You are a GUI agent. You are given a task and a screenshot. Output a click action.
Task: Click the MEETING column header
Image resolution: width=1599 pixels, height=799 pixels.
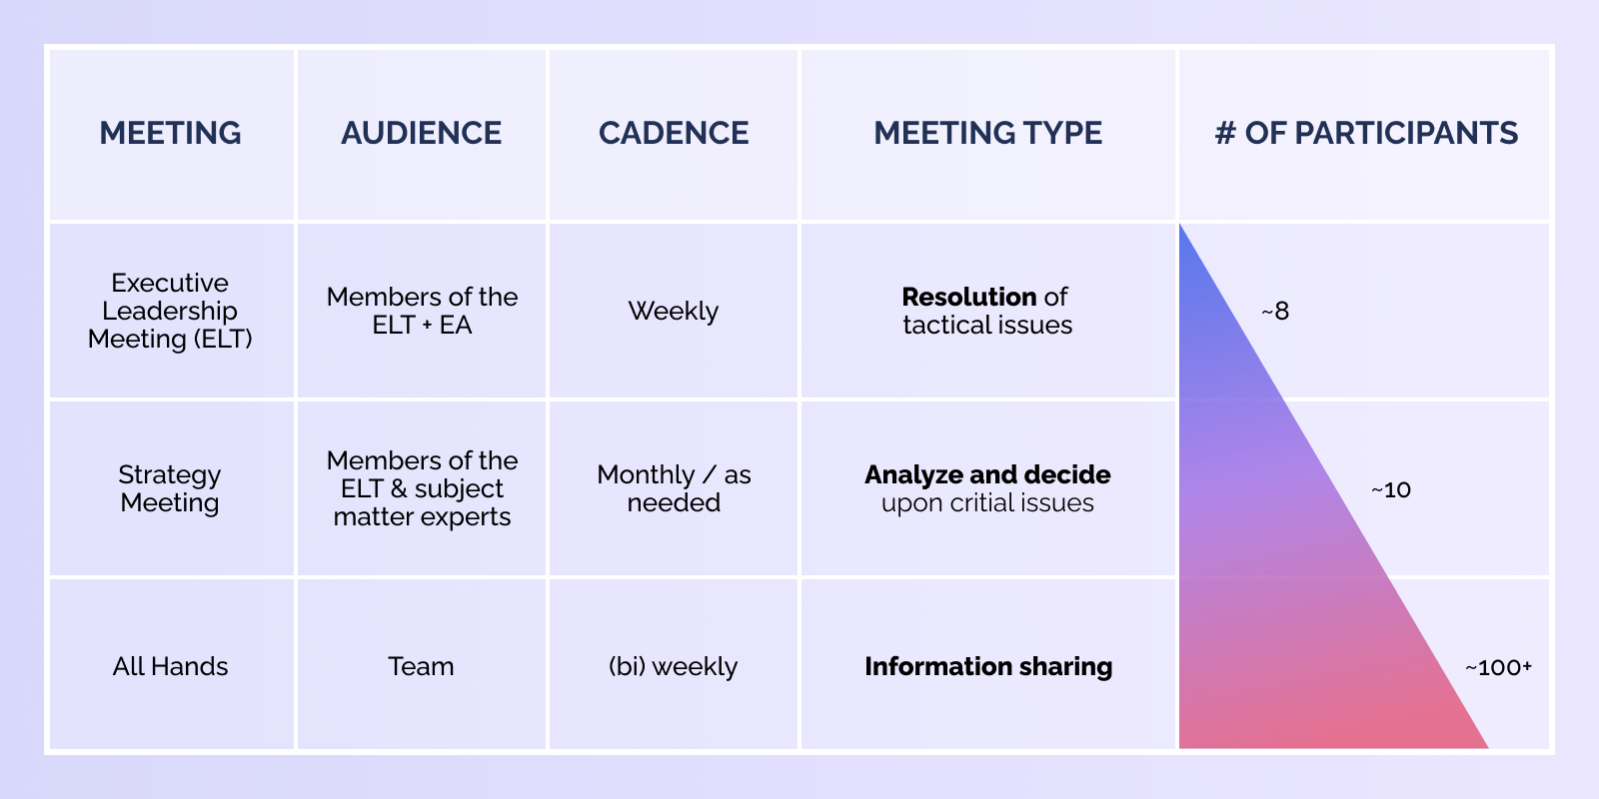pos(170,133)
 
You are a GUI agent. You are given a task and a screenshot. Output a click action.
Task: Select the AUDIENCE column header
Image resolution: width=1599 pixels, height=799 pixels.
pos(421,133)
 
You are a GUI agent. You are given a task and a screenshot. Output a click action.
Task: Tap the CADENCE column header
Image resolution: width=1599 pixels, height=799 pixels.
pos(674,133)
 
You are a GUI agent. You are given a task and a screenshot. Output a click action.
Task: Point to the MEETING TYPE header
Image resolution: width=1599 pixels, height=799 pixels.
pos(988,133)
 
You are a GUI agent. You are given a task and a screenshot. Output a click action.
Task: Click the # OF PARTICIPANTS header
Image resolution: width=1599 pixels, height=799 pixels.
pos(1366,133)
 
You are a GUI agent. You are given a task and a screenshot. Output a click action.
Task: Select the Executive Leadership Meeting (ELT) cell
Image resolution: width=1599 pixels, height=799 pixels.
pos(170,311)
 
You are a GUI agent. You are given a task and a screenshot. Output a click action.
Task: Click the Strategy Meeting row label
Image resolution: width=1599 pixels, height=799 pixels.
pos(170,488)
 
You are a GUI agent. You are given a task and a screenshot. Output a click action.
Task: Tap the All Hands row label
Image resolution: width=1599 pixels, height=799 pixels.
pos(170,666)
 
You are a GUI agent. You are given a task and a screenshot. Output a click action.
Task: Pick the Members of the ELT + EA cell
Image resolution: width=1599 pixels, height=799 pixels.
pos(422,311)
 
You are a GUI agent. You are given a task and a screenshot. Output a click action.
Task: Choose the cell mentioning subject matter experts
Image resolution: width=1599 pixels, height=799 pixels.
pos(422,488)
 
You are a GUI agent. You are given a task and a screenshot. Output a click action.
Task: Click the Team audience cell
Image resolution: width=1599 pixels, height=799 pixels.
pos(421,666)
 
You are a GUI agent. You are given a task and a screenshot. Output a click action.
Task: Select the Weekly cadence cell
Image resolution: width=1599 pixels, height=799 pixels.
pos(674,311)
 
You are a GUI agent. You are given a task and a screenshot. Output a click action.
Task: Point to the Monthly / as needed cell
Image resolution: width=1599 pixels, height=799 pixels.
pos(674,488)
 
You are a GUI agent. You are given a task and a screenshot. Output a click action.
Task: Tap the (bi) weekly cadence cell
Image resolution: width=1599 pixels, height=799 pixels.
pos(674,667)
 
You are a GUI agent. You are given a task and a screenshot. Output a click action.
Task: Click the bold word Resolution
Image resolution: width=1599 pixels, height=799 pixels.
pos(968,297)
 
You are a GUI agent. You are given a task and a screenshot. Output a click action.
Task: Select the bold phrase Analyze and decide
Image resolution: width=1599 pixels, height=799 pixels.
pos(987,474)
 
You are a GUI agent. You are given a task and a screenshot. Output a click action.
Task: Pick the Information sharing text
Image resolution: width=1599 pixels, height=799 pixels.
pos(988,666)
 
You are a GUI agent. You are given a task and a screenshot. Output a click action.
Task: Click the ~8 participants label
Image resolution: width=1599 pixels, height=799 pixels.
pos(1275,311)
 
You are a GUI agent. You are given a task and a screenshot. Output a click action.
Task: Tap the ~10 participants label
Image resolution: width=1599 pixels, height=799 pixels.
pos(1390,489)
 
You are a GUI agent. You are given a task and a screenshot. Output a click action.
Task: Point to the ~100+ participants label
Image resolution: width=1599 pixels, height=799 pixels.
pos(1498,667)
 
